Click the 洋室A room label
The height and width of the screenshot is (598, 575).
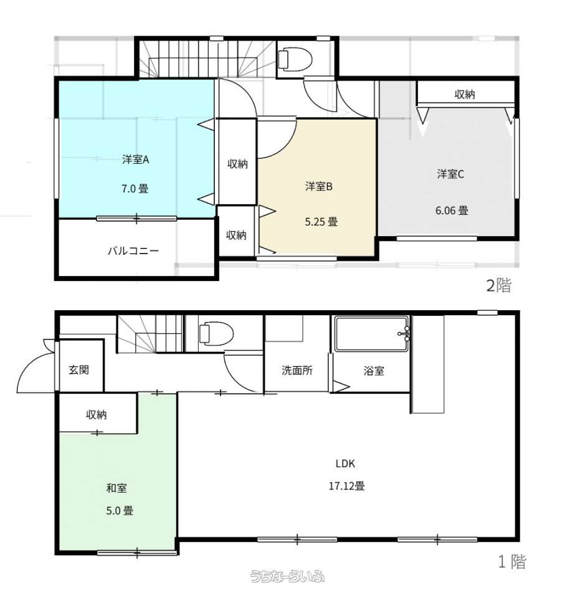click(x=135, y=159)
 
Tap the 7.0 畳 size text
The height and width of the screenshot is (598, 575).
click(x=135, y=188)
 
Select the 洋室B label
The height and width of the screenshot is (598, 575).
click(x=319, y=186)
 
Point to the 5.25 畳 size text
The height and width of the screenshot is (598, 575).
click(x=321, y=222)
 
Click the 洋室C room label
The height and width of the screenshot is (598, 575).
click(x=450, y=174)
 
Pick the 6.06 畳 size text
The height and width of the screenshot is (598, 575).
click(x=452, y=210)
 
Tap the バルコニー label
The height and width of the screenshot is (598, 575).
click(x=133, y=250)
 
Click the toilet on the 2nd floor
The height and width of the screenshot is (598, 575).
click(x=295, y=60)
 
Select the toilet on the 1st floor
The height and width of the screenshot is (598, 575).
click(x=216, y=334)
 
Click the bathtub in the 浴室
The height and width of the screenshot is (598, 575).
click(x=372, y=334)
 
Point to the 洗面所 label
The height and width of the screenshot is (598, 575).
click(x=297, y=370)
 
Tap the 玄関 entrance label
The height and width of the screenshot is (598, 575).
click(x=79, y=369)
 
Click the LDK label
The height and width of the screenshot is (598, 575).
click(x=345, y=463)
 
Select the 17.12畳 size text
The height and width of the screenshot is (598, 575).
click(x=346, y=486)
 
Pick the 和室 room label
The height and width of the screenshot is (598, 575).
click(x=116, y=488)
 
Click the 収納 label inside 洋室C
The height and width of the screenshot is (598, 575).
click(x=465, y=94)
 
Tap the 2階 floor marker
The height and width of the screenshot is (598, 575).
click(x=498, y=285)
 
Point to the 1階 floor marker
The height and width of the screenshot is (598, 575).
click(x=513, y=561)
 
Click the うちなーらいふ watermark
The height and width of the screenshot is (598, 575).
click(x=287, y=576)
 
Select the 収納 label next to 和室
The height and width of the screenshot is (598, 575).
click(x=97, y=415)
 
